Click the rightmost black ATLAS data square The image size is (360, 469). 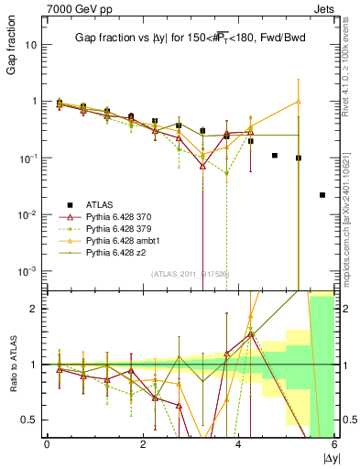(322, 195)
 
